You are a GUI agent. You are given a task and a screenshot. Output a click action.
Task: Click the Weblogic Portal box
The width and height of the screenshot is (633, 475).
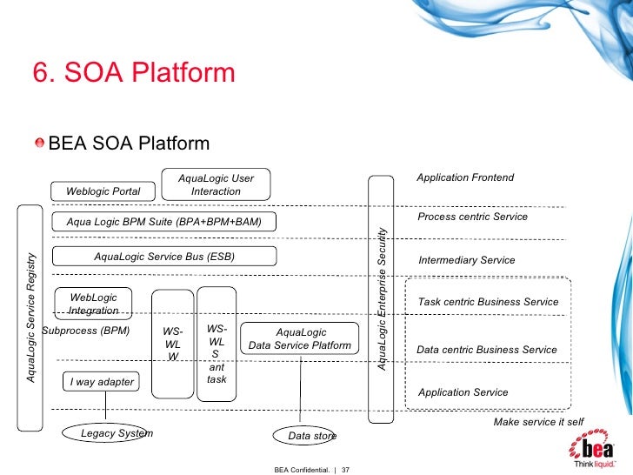coord(103,191)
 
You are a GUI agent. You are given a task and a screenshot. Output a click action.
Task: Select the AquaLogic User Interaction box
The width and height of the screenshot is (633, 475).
coord(216,184)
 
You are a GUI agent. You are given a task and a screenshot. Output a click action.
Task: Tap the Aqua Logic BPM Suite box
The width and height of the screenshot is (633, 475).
coord(163,222)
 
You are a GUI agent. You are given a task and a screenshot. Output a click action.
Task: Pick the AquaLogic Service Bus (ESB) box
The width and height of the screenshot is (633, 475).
coord(164,256)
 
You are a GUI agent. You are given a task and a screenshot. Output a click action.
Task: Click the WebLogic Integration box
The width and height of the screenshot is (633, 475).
coord(93,304)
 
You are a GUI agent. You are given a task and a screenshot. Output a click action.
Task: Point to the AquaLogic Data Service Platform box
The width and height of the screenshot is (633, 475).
coord(299,338)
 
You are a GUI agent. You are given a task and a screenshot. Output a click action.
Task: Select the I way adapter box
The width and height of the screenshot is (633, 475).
coord(102,382)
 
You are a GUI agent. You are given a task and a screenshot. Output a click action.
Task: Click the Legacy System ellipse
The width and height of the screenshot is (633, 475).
coord(107,433)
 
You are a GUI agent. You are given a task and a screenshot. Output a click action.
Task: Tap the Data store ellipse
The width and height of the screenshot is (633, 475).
coord(305,436)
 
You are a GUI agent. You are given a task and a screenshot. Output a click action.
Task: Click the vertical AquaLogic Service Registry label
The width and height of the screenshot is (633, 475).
coord(31,318)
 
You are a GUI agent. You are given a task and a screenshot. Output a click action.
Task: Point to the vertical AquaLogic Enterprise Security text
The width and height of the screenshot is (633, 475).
coord(382,299)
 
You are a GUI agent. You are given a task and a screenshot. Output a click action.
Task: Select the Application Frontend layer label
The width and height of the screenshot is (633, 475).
coord(465,177)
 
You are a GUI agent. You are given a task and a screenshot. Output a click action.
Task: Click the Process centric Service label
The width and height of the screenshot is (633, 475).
coord(472,217)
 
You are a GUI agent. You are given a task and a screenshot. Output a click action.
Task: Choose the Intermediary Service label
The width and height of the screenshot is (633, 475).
coord(467,260)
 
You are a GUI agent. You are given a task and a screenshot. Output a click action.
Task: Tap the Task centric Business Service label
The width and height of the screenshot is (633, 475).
coord(488,302)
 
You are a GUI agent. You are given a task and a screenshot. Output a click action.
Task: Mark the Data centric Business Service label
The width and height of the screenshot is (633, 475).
coord(486,350)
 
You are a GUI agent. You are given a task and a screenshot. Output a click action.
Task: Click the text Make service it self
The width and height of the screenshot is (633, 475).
coord(538,422)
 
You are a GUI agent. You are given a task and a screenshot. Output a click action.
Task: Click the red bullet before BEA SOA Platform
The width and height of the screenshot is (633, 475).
coord(40,143)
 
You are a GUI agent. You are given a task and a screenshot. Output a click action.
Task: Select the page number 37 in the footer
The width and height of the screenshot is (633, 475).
coord(345,470)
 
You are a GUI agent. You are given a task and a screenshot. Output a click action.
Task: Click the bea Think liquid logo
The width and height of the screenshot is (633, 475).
coord(593,448)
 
